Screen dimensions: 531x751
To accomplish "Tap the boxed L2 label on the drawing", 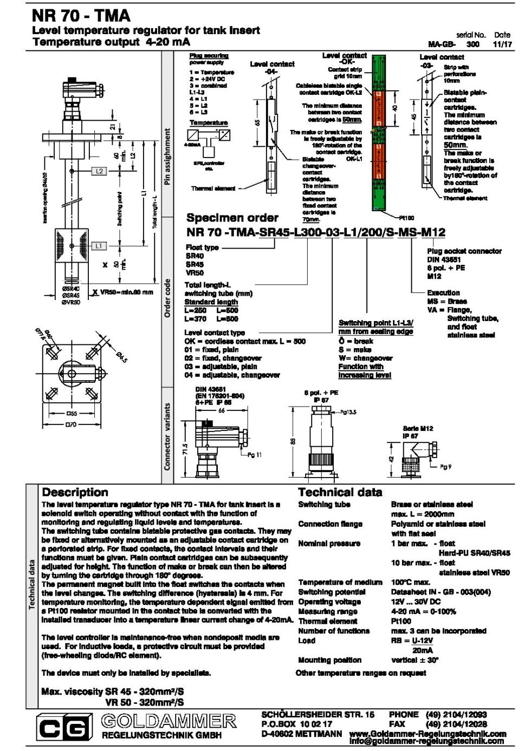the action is (99, 171).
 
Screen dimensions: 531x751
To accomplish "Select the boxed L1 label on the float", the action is (98, 246).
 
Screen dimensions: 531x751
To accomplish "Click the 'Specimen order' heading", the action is (232, 218).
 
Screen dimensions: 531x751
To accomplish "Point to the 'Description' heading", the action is (75, 492).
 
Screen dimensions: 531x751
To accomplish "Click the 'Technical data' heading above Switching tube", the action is (340, 492).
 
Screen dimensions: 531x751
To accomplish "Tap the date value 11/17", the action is (502, 44).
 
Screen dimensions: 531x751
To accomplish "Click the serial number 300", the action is (472, 44).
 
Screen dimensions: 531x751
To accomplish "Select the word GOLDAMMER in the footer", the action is (169, 721).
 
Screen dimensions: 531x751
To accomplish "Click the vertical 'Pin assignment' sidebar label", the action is (167, 156).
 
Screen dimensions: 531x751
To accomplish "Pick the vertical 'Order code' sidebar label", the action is (167, 298).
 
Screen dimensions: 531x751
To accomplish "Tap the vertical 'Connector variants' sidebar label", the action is (167, 436).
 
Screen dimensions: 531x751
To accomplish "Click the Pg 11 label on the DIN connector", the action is (254, 455).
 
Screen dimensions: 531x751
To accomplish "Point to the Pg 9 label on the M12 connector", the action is (445, 467).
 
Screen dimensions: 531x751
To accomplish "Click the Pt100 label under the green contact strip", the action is (406, 218).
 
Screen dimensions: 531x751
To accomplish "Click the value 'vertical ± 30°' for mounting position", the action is (415, 660).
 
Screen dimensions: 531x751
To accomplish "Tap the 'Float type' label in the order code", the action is (202, 247).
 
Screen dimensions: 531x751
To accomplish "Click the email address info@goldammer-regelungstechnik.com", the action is (426, 741).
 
